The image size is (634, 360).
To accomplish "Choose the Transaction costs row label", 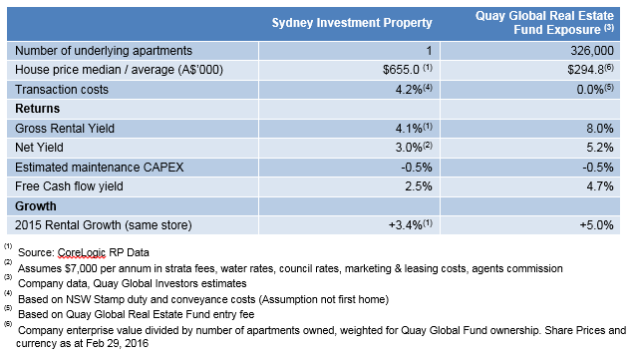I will (64, 89).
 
